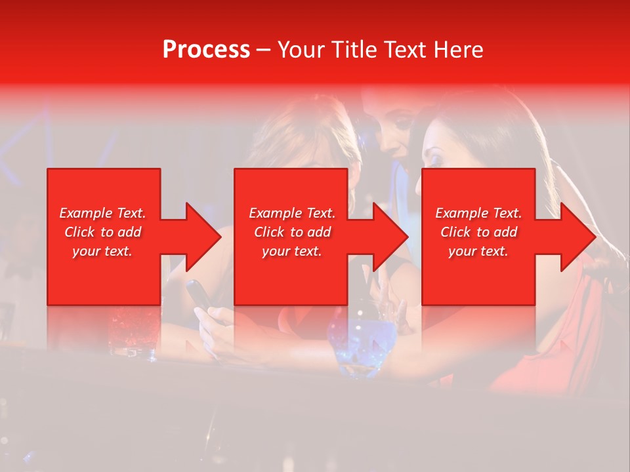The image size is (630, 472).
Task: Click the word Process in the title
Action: click(x=206, y=50)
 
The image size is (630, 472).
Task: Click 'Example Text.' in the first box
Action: click(x=103, y=213)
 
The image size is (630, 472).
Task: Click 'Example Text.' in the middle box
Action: click(x=292, y=213)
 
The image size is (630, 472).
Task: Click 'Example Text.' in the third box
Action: click(x=478, y=213)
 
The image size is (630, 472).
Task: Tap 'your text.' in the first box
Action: click(x=102, y=251)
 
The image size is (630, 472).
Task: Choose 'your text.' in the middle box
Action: click(x=291, y=251)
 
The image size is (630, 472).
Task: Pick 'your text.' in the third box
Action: click(x=478, y=251)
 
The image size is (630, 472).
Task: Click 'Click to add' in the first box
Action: click(x=103, y=232)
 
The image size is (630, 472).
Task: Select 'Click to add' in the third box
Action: click(x=478, y=232)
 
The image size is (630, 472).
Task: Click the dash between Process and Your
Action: click(x=263, y=50)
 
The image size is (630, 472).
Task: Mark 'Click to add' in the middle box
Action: click(x=292, y=232)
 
